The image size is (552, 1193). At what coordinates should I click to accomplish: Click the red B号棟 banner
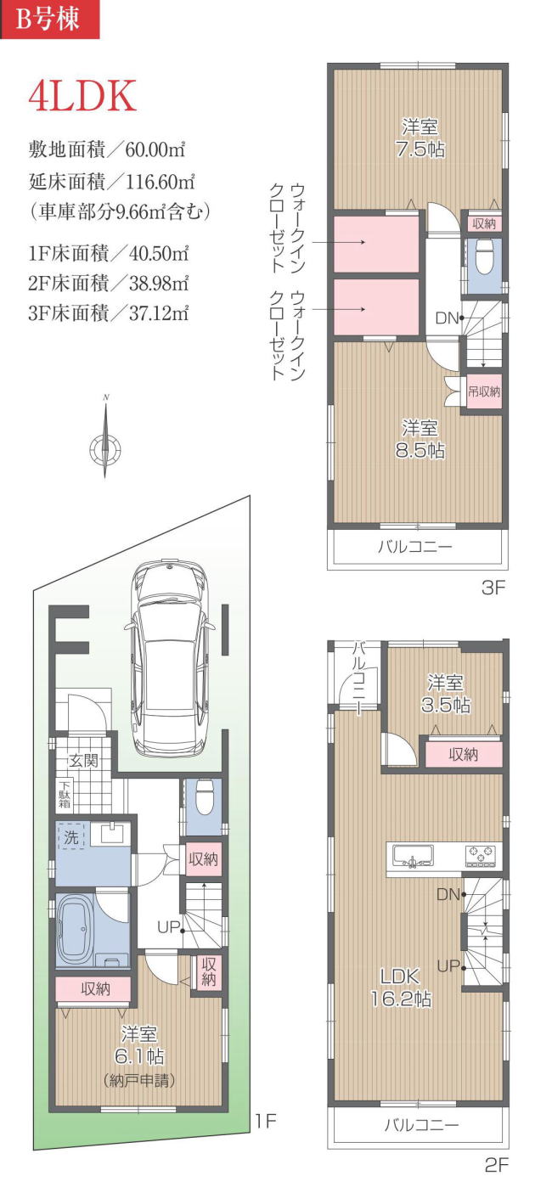49,19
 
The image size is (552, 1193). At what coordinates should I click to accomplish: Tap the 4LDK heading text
82,97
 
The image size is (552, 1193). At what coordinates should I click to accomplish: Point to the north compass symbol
105,436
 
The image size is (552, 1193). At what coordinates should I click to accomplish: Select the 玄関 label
84,760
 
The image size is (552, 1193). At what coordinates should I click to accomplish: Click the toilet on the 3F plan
483,256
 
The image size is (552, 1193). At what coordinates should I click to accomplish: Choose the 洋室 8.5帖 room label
420,439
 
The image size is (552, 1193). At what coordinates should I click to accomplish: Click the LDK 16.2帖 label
401,988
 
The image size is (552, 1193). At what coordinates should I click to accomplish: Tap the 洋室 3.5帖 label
446,694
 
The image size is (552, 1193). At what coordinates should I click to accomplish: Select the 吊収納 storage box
484,391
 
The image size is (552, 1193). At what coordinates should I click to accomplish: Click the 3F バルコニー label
415,547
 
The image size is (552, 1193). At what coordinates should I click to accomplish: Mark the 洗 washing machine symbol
70,836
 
